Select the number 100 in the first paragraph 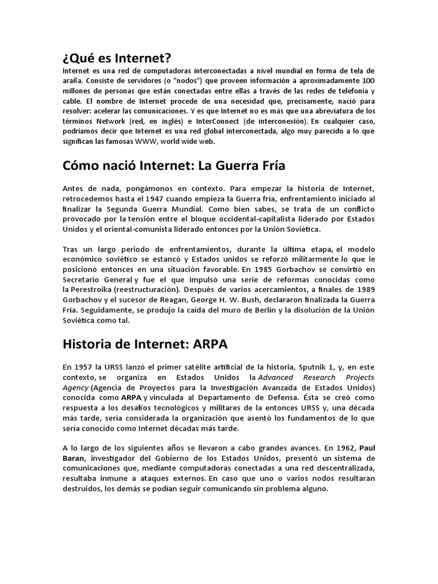coord(368,80)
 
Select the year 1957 coord(84,367)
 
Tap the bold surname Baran coord(75,459)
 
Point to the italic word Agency coord(76,388)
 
